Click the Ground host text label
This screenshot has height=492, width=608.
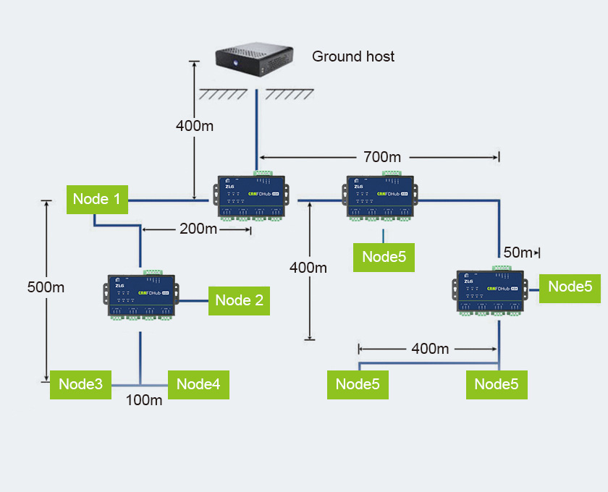[353, 56]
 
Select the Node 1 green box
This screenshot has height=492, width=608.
[97, 199]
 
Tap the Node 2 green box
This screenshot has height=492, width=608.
[239, 300]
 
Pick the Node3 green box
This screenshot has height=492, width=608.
[80, 384]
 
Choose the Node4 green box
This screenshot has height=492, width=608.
[198, 384]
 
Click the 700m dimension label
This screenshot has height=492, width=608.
[381, 156]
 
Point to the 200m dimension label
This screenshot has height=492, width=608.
[198, 229]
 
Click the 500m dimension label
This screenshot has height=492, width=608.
[46, 287]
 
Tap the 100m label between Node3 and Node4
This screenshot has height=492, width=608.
[144, 400]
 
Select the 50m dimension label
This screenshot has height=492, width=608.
[517, 253]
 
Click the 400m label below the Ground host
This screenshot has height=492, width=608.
[195, 126]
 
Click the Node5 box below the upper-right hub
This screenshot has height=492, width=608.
[384, 257]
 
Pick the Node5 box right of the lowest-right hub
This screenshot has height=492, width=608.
[570, 286]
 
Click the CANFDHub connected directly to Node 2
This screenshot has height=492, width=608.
[142, 296]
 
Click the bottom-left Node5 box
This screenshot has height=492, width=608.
[358, 384]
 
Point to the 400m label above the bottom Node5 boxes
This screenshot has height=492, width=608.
[430, 349]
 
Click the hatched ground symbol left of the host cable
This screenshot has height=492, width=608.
[224, 95]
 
